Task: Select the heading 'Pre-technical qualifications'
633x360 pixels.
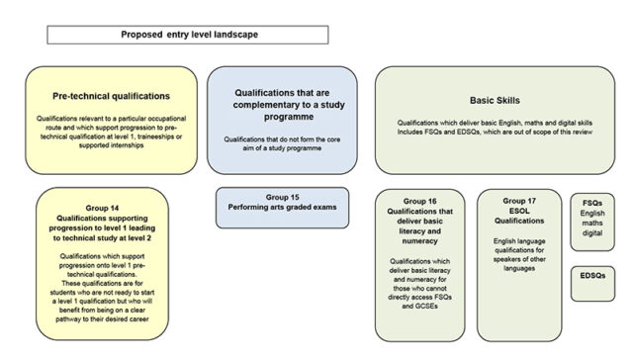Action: point(111,96)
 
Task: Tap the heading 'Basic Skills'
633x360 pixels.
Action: point(495,100)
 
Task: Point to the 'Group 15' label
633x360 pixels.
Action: point(282,197)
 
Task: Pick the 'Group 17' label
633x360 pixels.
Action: point(518,201)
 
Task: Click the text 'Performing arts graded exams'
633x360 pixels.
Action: point(282,209)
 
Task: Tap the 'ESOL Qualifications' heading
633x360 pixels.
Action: point(518,218)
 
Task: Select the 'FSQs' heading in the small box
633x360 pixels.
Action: point(591,201)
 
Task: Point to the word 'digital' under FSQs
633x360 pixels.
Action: point(591,234)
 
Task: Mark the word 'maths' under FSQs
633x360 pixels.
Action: point(591,224)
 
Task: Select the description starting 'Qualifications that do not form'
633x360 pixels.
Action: point(282,144)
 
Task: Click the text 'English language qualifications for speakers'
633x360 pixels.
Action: point(518,254)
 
